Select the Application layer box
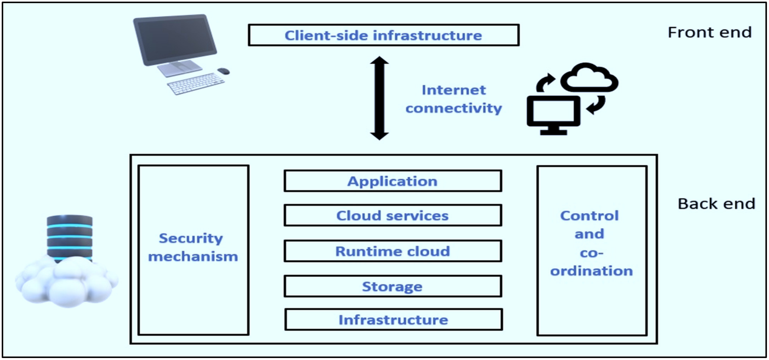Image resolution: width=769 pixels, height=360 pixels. [x=393, y=181]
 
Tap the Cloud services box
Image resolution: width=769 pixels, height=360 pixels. [x=393, y=215]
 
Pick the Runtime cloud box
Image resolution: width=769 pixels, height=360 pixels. [x=393, y=251]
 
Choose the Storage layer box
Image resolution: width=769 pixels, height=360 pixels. [x=393, y=286]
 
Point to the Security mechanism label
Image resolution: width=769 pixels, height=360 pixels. [x=193, y=247]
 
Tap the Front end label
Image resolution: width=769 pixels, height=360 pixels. [x=709, y=32]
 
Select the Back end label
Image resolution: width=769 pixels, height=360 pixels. [x=716, y=204]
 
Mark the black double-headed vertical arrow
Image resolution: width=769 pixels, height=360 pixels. [x=379, y=98]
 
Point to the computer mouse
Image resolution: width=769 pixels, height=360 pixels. [x=223, y=71]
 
